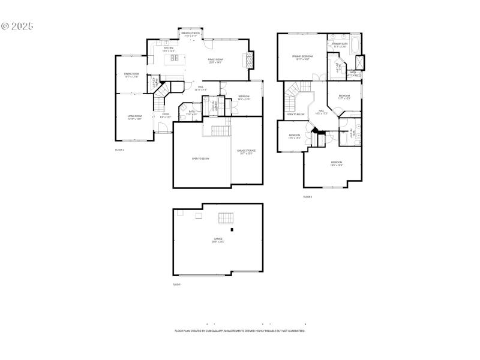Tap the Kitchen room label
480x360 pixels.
pos(169,49)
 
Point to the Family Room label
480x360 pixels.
pos(215,61)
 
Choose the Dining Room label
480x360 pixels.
pos(131,75)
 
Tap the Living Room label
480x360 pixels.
pos(134,117)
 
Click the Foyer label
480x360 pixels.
pos(166,115)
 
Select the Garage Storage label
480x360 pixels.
pos(246,152)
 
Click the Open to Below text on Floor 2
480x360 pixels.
pos(200,158)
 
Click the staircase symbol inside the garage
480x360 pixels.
pos(226,217)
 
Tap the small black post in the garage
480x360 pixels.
pos(233,229)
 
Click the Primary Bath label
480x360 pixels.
pos(340,45)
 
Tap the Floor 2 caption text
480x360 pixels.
pos(119,149)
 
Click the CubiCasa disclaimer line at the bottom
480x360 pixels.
pos(239,331)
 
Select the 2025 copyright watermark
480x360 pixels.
pos(17,26)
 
